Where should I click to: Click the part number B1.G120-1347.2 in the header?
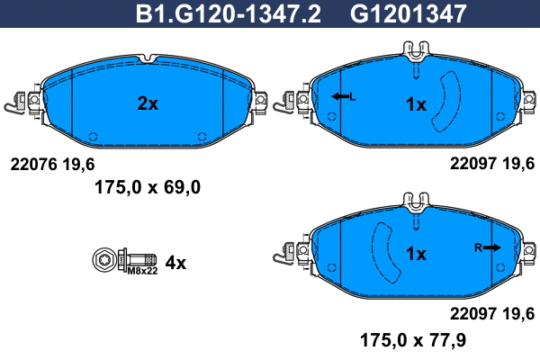(x=229, y=13)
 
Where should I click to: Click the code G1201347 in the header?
(x=408, y=13)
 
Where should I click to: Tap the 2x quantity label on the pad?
(x=148, y=103)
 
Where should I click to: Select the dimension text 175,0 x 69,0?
(x=148, y=188)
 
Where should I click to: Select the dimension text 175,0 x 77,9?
(x=413, y=340)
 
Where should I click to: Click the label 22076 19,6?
(x=52, y=165)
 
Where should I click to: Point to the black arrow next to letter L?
(x=340, y=96)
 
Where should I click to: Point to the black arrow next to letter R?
(x=491, y=247)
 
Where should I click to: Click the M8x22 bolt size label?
(x=142, y=271)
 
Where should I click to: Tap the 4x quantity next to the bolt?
(x=175, y=263)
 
